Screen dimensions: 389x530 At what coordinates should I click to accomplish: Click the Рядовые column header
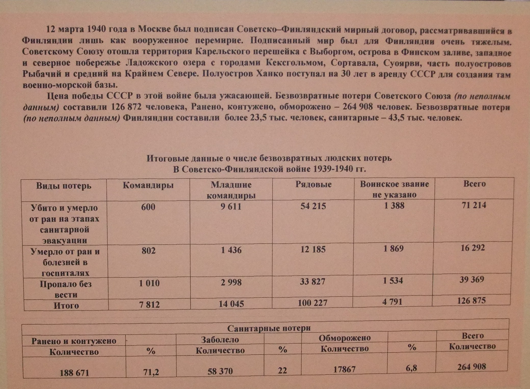(x=313, y=184)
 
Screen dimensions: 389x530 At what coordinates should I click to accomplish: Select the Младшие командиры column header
(x=231, y=190)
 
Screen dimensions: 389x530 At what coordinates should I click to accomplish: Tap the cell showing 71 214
(x=474, y=205)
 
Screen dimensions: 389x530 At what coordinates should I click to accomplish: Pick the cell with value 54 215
(x=313, y=206)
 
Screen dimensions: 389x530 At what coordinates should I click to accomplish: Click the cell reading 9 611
(x=231, y=206)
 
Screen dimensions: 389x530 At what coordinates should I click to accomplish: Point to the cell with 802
(x=148, y=251)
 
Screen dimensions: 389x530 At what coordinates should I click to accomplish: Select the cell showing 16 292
(x=472, y=248)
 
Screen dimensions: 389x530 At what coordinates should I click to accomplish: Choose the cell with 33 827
(x=312, y=282)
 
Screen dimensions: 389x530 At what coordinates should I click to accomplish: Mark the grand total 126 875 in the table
(x=471, y=301)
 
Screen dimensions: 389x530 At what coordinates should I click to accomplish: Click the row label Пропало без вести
(x=66, y=289)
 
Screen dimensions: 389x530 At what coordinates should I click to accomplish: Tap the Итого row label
(x=66, y=305)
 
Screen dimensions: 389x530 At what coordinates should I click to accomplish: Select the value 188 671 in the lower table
(x=74, y=373)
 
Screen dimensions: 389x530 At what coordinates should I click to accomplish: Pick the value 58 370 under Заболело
(x=220, y=371)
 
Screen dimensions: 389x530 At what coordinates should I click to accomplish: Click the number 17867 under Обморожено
(x=344, y=369)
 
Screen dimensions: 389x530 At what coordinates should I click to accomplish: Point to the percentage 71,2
(x=151, y=372)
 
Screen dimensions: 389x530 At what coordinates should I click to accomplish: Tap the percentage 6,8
(x=411, y=368)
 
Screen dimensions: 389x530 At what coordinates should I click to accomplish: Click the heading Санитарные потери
(x=269, y=328)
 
